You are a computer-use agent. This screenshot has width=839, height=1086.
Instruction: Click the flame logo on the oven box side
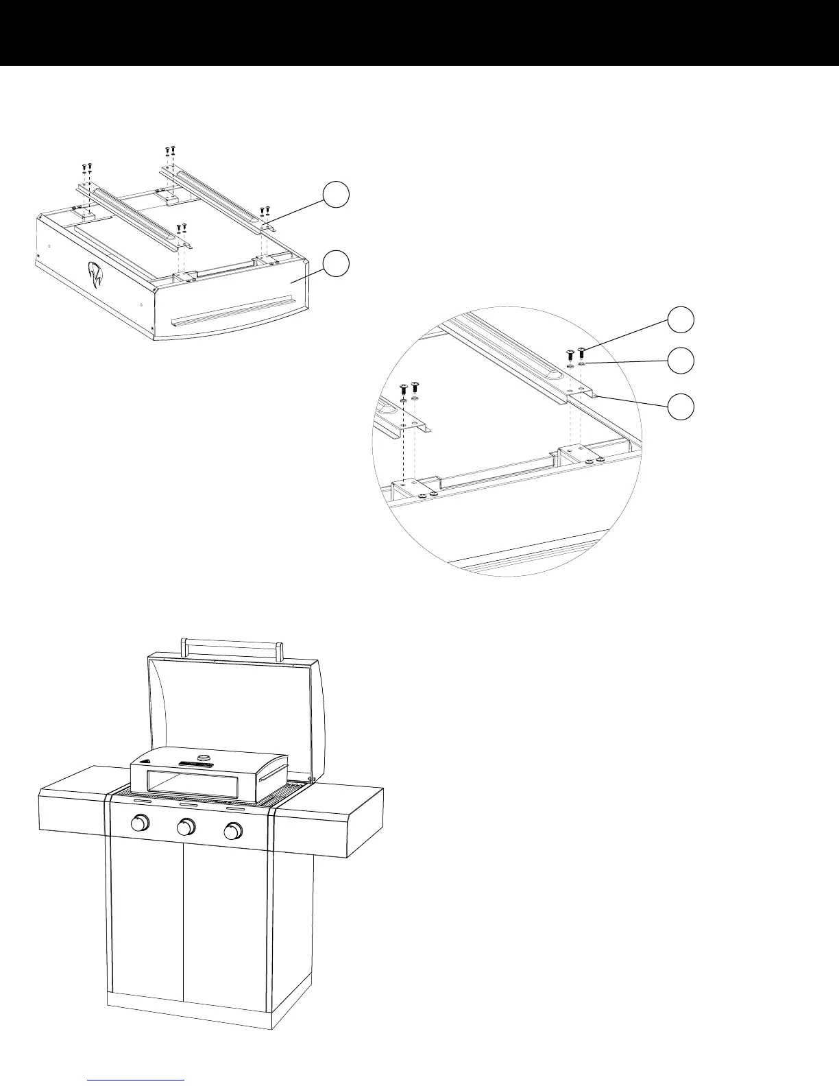(94, 276)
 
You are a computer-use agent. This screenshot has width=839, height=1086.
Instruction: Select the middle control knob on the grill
(186, 827)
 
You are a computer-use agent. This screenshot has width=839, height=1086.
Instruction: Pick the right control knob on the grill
(232, 831)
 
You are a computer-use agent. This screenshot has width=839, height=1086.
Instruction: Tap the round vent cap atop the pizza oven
(204, 757)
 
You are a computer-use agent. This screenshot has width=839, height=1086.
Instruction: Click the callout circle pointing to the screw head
(681, 319)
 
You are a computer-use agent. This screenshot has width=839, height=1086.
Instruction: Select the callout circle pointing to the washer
(681, 361)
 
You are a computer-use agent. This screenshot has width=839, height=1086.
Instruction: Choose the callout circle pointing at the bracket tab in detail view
(681, 406)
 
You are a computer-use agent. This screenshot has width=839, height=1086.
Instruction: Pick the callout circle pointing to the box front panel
(336, 263)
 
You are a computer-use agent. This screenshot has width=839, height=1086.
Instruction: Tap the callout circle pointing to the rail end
(336, 195)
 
